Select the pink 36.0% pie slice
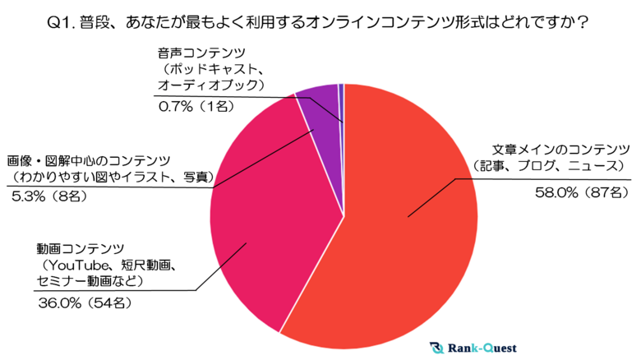coord(263,222)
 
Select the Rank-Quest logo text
coord(478,348)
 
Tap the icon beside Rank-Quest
coord(436,348)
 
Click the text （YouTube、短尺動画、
coord(108,264)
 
